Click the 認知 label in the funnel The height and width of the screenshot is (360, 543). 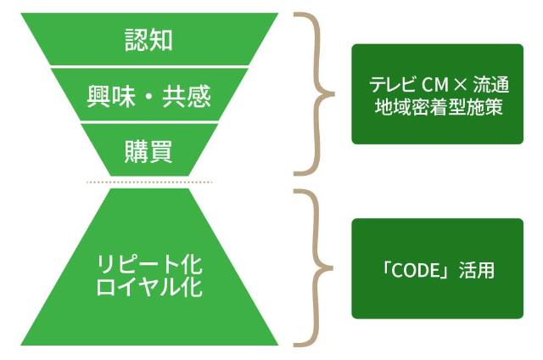[148, 38]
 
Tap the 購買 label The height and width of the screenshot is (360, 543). [148, 152]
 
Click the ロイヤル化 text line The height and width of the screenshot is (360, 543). [148, 286]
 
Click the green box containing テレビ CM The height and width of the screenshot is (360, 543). [437, 93]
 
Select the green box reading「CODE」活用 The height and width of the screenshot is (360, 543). [437, 268]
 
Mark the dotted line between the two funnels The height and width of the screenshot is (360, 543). [148, 182]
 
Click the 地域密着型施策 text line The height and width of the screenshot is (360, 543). [438, 108]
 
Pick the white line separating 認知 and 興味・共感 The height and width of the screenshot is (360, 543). [148, 65]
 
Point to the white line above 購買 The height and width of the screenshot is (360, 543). [148, 125]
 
